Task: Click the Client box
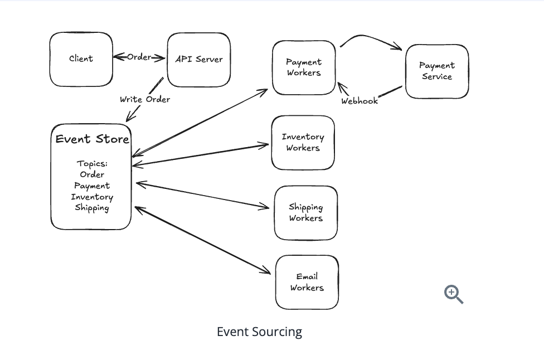pyautogui.click(x=81, y=59)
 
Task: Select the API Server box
pyautogui.click(x=199, y=60)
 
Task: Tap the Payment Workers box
pyautogui.click(x=304, y=67)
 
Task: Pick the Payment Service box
pyautogui.click(x=437, y=71)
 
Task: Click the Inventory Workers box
pyautogui.click(x=303, y=143)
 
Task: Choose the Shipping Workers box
pyautogui.click(x=305, y=213)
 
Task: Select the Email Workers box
pyautogui.click(x=307, y=282)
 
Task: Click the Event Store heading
pyautogui.click(x=92, y=139)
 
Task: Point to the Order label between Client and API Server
pyautogui.click(x=139, y=57)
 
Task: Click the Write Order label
pyautogui.click(x=145, y=99)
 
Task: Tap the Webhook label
pyautogui.click(x=360, y=101)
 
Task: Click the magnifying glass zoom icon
pyautogui.click(x=454, y=294)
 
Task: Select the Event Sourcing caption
pyautogui.click(x=259, y=332)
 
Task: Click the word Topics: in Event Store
pyautogui.click(x=92, y=164)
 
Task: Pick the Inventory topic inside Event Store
pyautogui.click(x=92, y=197)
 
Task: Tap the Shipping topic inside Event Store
pyautogui.click(x=92, y=208)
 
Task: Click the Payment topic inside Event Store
pyautogui.click(x=92, y=186)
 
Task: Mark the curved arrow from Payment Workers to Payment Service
pyautogui.click(x=371, y=39)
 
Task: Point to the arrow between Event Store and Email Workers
pyautogui.click(x=203, y=241)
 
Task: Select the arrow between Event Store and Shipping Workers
pyautogui.click(x=203, y=195)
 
